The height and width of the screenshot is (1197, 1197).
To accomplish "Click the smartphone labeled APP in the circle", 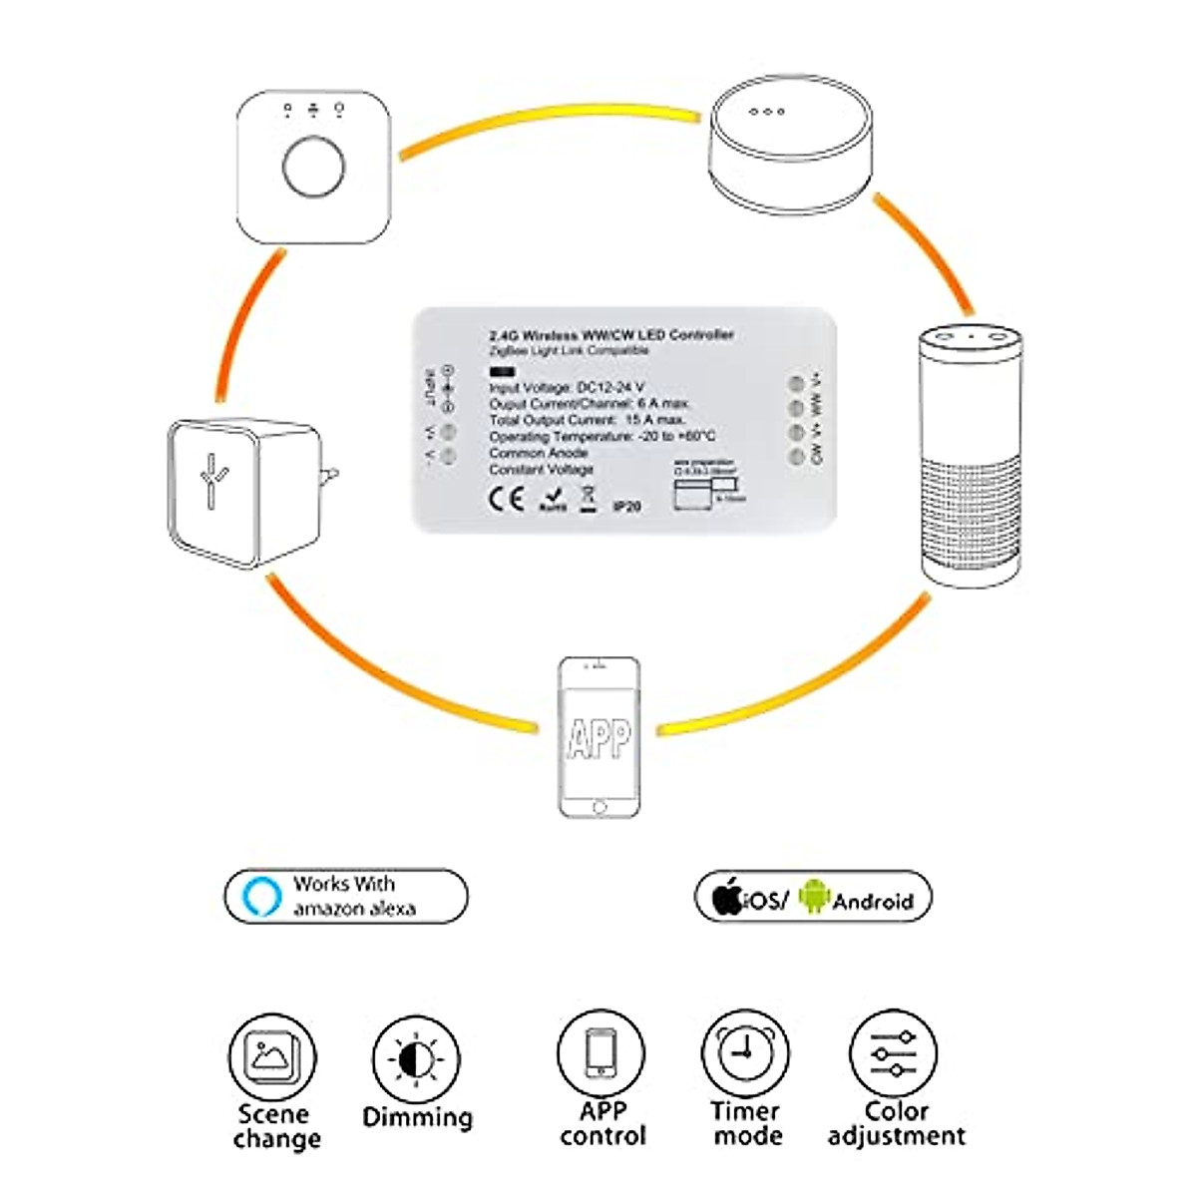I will click(x=598, y=737).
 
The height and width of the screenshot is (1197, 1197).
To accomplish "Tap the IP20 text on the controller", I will click(x=627, y=507).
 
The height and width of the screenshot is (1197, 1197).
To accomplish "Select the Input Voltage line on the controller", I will click(x=567, y=387).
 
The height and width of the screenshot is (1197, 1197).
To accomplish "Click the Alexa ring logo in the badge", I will click(x=260, y=896).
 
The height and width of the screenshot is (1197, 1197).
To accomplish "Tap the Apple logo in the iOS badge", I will click(x=728, y=898).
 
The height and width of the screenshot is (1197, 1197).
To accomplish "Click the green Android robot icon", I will click(x=814, y=897).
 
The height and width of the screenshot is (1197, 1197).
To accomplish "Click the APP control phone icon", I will click(x=600, y=1054).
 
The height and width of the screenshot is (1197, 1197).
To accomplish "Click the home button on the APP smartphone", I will click(x=598, y=806).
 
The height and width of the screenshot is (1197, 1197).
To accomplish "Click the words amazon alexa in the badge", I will click(x=354, y=909).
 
